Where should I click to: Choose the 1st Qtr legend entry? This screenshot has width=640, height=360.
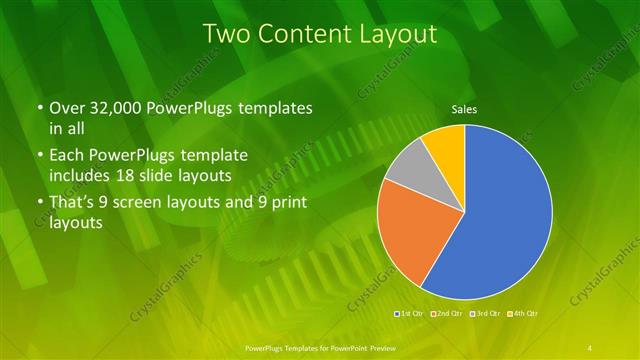410,315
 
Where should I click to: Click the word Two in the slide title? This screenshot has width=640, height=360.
224,33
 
